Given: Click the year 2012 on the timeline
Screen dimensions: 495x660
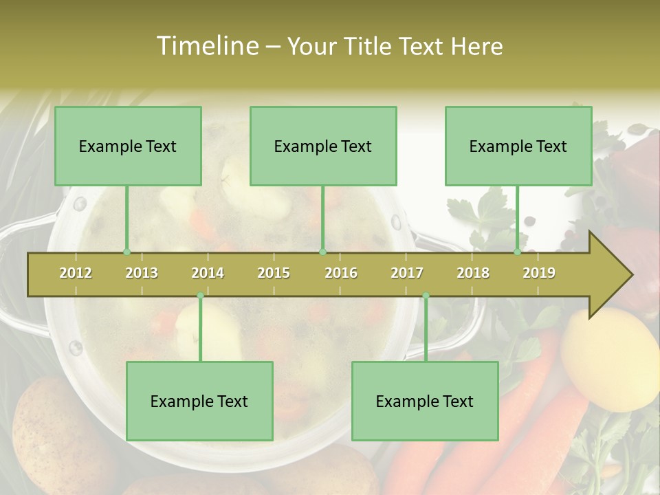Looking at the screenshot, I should [76, 273].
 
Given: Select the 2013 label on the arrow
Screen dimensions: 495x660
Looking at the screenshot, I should [142, 273].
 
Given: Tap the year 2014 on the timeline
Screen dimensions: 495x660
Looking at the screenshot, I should [208, 273].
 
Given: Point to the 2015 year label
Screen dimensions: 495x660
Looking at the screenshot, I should [274, 273].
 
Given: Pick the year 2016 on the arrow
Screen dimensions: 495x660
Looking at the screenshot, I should [341, 273].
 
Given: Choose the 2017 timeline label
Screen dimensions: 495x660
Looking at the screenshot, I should [407, 273].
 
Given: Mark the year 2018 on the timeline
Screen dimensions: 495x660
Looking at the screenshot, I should [473, 273].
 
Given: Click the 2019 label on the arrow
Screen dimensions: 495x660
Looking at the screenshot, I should [539, 273].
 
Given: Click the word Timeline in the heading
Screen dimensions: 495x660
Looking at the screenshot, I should [206, 46].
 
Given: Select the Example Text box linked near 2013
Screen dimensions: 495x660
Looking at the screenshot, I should [128, 146].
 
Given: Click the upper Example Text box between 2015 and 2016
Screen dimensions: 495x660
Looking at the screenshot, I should [323, 146].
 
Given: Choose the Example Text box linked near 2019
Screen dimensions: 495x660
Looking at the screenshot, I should [518, 146].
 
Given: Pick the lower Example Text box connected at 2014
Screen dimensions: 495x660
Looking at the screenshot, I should [199, 401].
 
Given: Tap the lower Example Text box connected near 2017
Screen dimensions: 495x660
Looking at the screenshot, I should [425, 401].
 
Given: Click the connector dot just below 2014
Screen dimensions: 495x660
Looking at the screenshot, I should [200, 296].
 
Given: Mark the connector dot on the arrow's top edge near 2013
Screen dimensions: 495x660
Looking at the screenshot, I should [126, 252].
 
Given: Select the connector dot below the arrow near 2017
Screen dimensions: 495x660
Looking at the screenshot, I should [426, 296].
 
